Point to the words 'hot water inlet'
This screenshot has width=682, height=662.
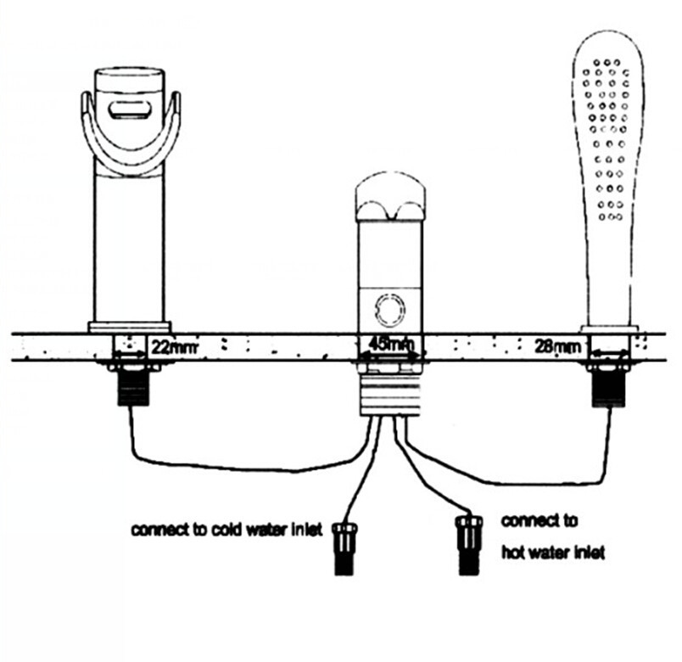pyautogui.click(x=552, y=553)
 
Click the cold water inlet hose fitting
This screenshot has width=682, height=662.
pyautogui.click(x=344, y=548)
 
